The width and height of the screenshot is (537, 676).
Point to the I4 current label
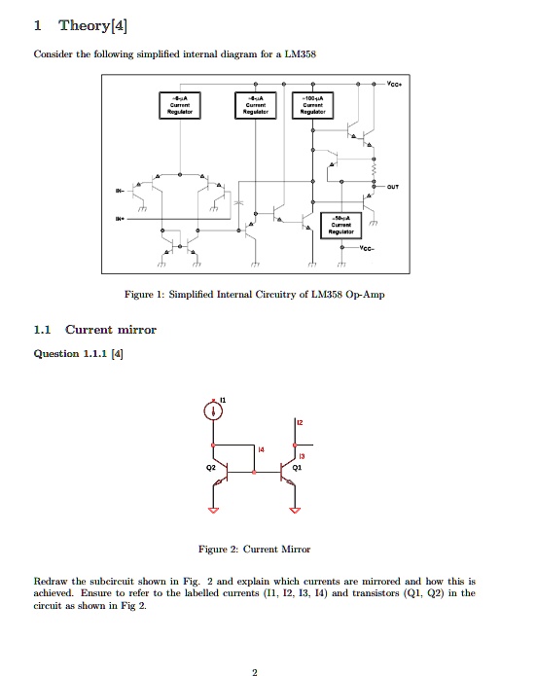(262, 448)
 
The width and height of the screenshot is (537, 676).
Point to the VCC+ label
(396, 85)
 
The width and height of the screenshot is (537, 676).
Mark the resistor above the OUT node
(376, 163)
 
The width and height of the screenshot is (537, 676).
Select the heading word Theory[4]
(92, 24)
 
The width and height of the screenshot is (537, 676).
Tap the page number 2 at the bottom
(254, 670)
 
